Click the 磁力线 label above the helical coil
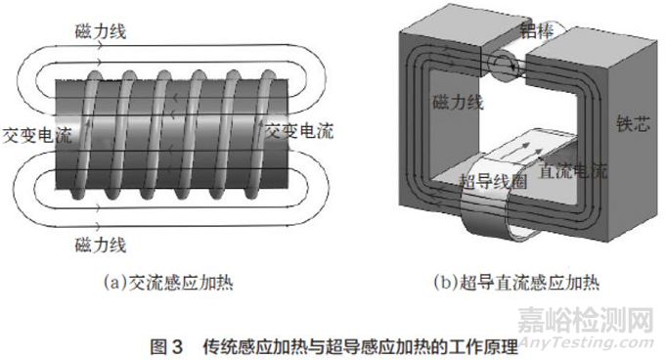(x=100, y=32)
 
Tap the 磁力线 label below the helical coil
(x=100, y=240)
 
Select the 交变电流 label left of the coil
(x=37, y=134)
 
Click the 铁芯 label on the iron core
(x=631, y=124)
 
